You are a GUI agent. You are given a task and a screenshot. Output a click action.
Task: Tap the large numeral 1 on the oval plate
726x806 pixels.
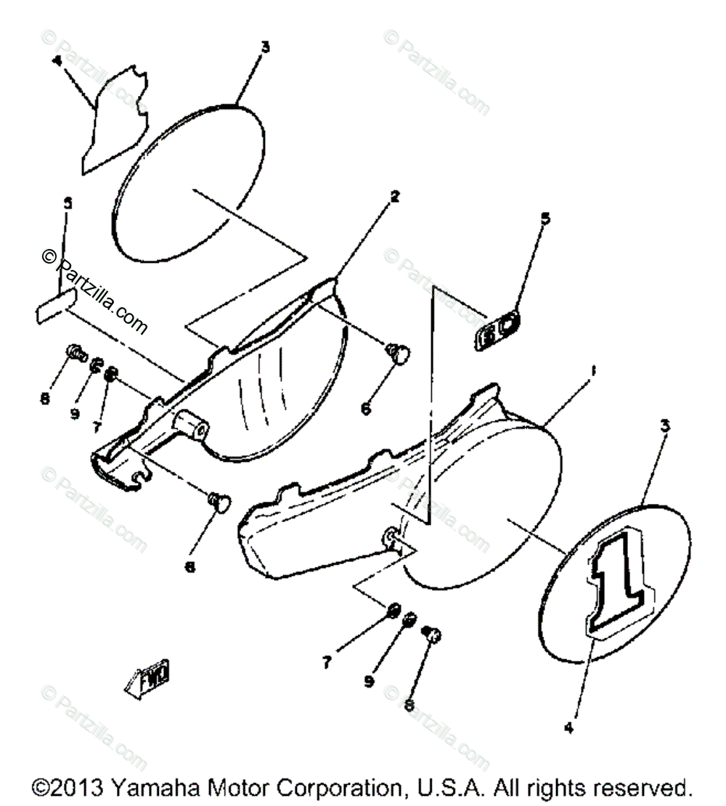pos(617,577)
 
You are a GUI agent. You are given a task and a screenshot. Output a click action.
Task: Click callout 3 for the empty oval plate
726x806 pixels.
pos(265,47)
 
